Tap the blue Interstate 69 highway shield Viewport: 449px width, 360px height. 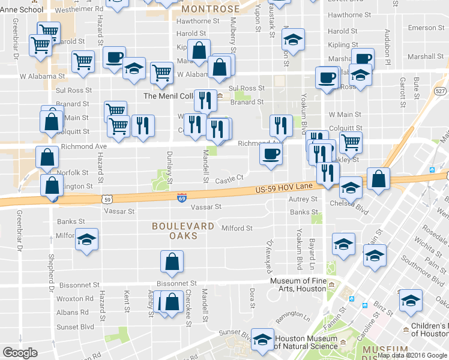click(181, 198)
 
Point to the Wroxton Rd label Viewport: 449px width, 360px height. click(75, 298)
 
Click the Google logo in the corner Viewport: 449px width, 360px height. click(20, 353)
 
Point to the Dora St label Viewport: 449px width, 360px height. click(253, 294)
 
